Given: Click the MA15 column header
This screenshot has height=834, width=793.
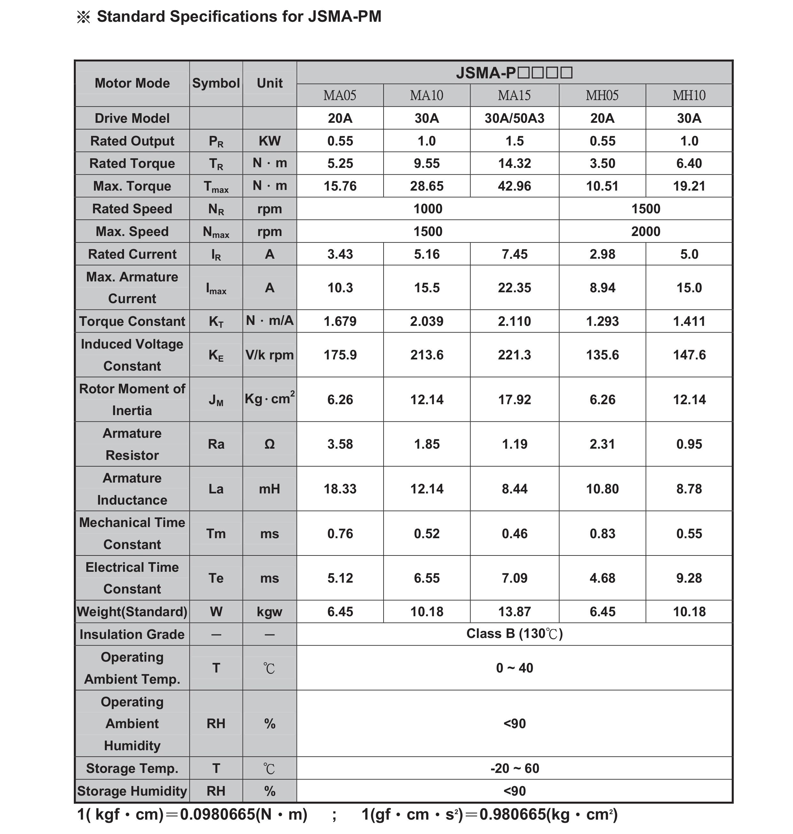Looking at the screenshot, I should pos(514,96).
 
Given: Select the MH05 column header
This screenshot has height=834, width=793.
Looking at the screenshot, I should pos(602,96).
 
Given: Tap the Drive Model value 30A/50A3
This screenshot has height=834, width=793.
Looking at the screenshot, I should pos(514,118).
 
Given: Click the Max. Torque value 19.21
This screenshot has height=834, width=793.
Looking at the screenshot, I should pos(689,186).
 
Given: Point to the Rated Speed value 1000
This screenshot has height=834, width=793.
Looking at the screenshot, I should pos(428,209).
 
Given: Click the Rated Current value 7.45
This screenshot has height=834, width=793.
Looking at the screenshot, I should pos(514,254).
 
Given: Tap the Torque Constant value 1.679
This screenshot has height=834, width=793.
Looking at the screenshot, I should pos(340,321).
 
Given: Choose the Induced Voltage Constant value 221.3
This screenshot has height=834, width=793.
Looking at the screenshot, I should pos(514,355).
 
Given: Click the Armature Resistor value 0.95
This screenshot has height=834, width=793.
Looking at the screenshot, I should pos(689,444).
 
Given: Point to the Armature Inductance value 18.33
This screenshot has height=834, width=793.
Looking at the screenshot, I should pos(340,489).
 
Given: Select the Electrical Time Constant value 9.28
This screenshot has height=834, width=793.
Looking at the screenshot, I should pos(689,578).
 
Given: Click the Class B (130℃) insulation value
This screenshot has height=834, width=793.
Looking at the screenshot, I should pos(514,634).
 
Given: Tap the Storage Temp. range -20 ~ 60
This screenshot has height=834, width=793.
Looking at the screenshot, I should pos(514,768).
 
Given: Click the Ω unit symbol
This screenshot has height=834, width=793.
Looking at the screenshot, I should pos(269,444).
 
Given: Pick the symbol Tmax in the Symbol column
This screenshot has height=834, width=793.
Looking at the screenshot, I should pos(216,186).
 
